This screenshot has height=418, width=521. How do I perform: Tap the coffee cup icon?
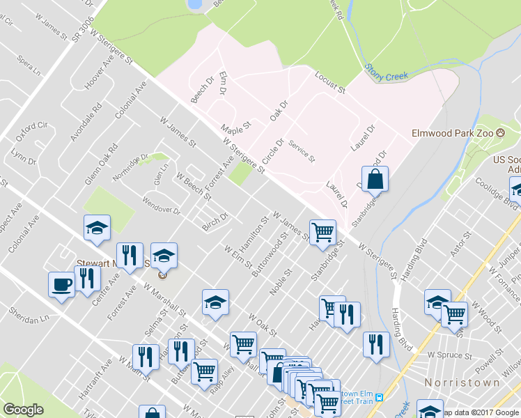(x=61, y=285)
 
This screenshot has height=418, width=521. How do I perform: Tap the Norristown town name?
(x=462, y=382)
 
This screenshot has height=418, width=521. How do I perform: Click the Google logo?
(x=23, y=410)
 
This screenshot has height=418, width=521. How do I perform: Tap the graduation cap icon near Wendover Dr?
(x=97, y=227)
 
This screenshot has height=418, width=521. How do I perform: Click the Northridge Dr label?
(x=131, y=166)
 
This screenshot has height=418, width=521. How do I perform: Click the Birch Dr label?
(x=215, y=219)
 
